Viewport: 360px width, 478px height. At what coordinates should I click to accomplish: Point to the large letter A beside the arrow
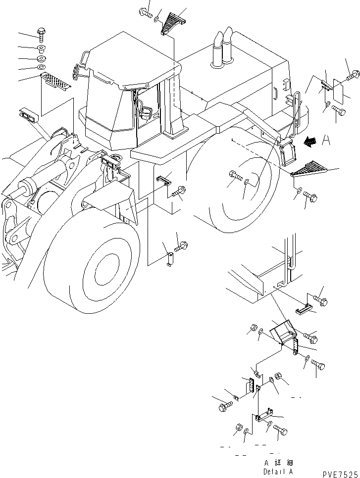[325, 141]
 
